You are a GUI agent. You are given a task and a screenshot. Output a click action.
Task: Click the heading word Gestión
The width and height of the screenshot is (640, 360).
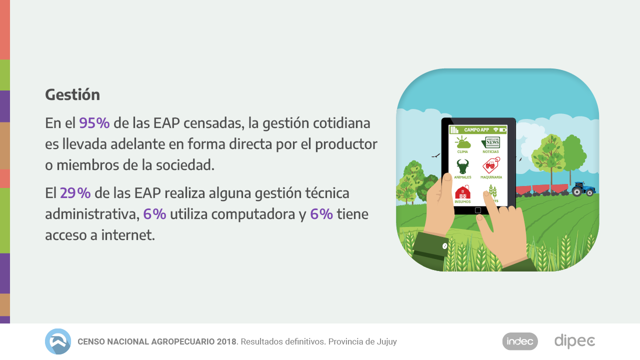(72, 94)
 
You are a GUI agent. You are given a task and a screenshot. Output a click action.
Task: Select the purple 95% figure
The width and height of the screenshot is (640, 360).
(94, 123)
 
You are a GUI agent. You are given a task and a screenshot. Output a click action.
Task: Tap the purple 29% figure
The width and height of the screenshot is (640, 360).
(75, 193)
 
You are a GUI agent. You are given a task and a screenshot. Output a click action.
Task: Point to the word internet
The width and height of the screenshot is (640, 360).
(128, 235)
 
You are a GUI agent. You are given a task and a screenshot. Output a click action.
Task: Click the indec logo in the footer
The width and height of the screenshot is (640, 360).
(520, 341)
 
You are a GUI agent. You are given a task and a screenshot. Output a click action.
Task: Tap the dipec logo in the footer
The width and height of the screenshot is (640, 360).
(574, 341)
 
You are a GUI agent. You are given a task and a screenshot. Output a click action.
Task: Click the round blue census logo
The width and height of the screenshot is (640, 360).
(58, 341)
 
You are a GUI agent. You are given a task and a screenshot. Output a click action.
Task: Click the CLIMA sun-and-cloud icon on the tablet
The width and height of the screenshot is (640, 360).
(462, 142)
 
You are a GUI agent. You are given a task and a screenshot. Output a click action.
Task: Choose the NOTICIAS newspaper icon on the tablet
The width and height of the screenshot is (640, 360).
(490, 142)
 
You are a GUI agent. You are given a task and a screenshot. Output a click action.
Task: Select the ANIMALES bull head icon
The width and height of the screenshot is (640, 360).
(462, 166)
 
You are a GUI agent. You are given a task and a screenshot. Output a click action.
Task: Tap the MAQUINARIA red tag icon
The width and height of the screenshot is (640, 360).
(491, 165)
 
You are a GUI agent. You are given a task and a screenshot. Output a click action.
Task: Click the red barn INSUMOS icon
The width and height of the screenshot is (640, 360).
(462, 192)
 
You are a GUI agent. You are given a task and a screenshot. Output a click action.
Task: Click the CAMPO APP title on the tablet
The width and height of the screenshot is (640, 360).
(476, 130)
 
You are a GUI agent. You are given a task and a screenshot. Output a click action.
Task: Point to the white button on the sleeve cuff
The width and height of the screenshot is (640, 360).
(444, 246)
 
